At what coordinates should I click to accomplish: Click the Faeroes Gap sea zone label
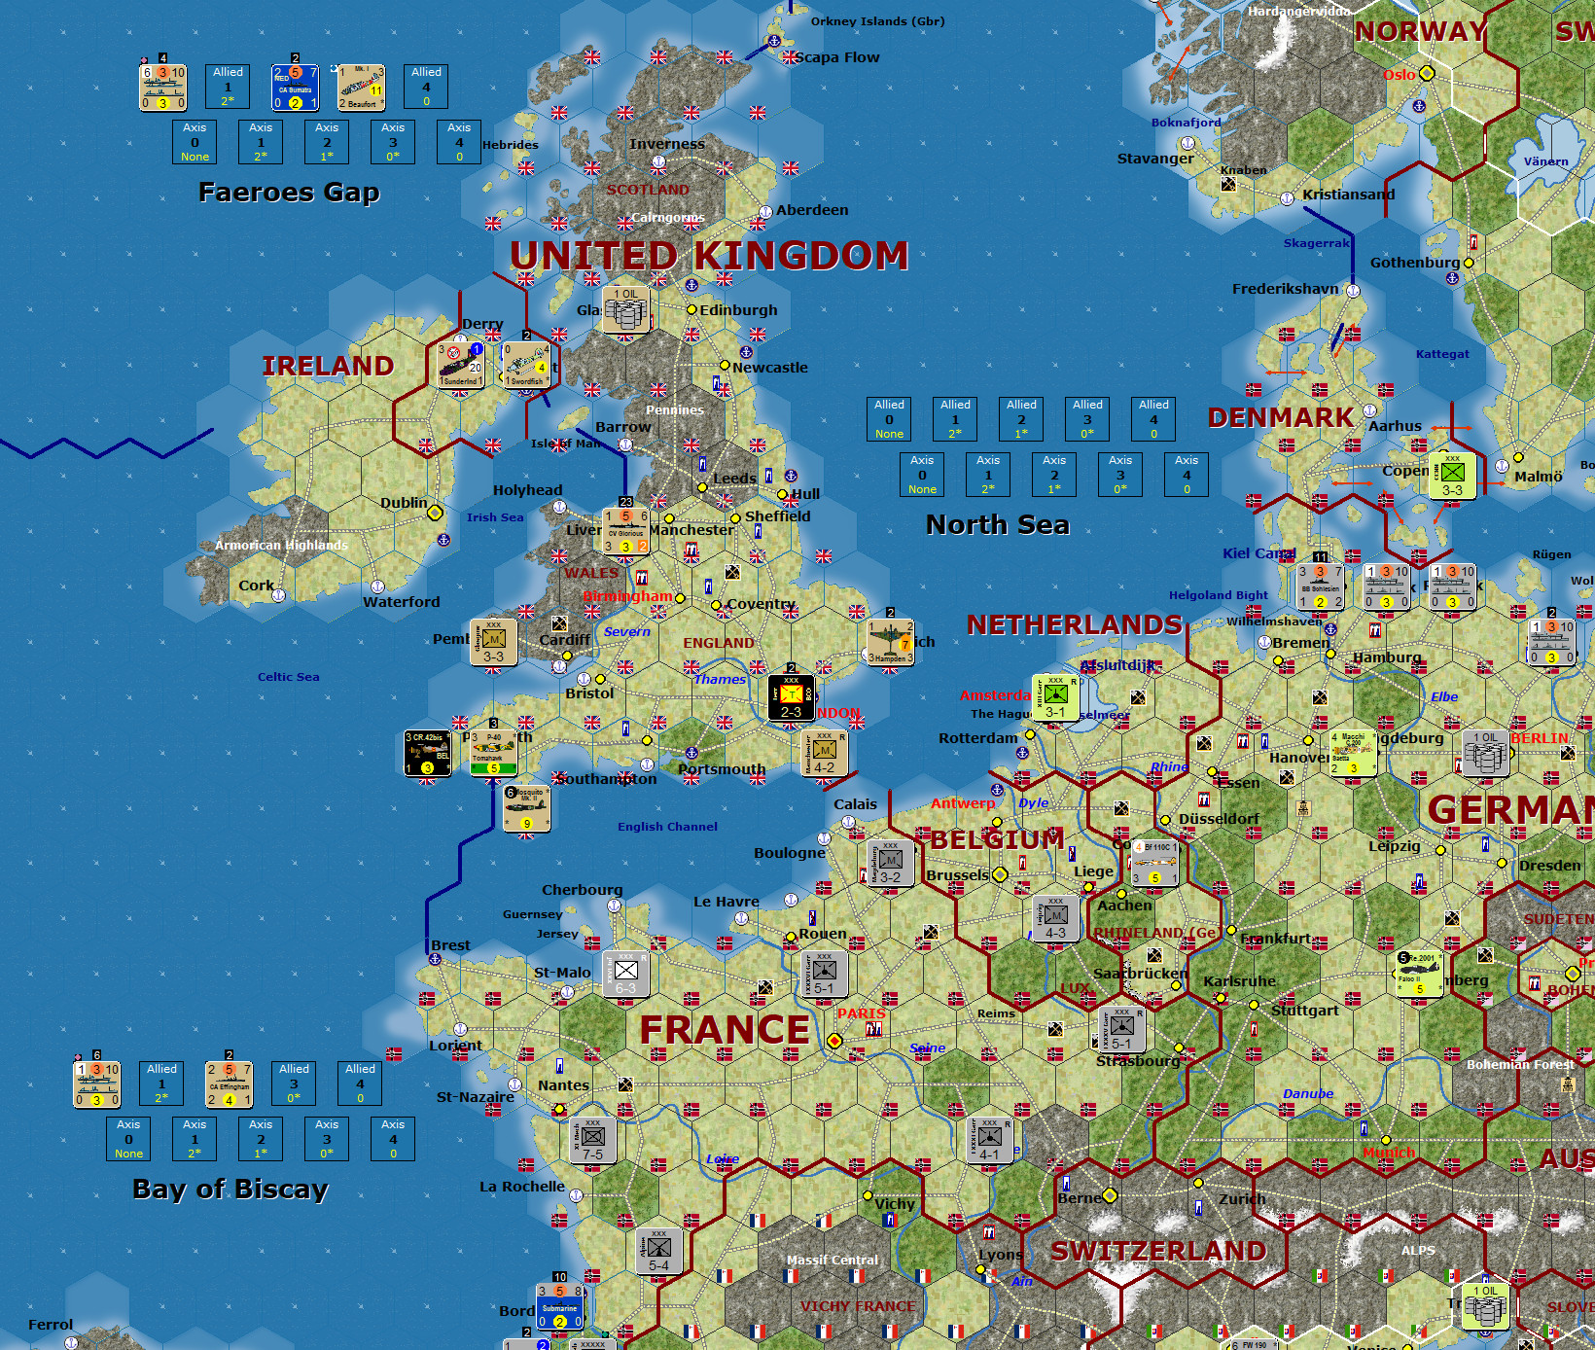pos(289,193)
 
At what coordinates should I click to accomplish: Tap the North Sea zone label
pos(997,525)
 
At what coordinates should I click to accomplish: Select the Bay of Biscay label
pos(230,1190)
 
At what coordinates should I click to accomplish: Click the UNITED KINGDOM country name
pos(709,256)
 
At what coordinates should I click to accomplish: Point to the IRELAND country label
pos(328,366)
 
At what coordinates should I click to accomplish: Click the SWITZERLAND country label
pos(1158,1251)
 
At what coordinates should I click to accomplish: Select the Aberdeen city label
pos(812,210)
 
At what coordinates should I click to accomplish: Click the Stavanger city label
pos(1155,159)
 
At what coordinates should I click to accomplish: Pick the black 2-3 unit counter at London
pos(792,697)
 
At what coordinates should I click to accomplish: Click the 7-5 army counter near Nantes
pos(593,1140)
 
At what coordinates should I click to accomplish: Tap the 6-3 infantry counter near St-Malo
pos(625,974)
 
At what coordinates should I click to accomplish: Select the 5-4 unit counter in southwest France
pos(658,1251)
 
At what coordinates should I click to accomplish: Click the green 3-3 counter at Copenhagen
pos(1452,476)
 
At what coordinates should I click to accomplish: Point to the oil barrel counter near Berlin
pos(1485,753)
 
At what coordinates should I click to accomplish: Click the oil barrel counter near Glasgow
pos(626,310)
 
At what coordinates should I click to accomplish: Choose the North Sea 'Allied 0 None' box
pos(889,419)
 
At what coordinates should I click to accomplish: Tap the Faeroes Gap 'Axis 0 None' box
pos(195,142)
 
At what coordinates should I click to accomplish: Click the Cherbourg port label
pos(582,890)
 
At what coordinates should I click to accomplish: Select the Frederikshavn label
pos(1285,289)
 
